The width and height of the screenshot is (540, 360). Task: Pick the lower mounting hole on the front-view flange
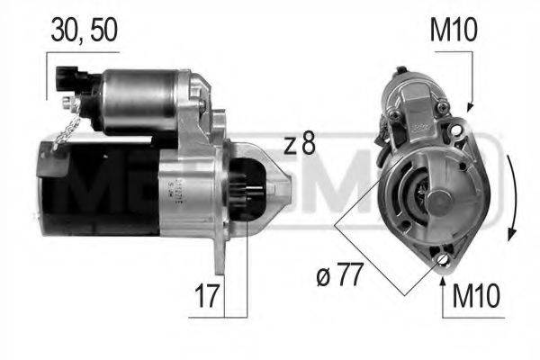(441, 259)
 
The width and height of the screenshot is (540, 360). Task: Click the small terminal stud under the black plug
(72, 105)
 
